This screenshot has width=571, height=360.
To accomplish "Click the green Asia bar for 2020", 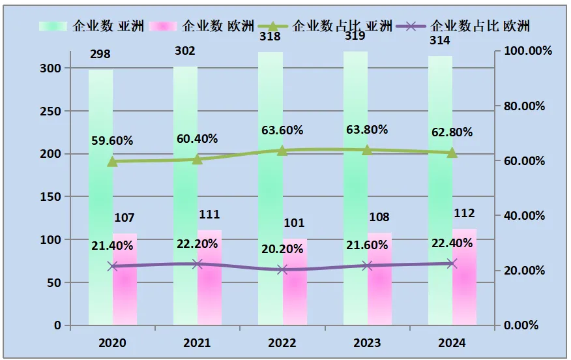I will pos(100,196).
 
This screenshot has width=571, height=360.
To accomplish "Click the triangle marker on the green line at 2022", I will pos(282,151).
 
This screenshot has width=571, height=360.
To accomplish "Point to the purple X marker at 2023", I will pos(367,265).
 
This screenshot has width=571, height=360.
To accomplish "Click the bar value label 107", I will pos(124,218).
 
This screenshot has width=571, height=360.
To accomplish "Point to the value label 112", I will pos(464,213).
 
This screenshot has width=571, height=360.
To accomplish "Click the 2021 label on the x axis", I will pos(198,342).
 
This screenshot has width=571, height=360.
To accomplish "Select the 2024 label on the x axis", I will pos(452,342).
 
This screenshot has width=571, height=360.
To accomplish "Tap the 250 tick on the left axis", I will pos(51,112).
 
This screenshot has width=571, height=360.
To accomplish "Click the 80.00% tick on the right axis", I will pos(525,106).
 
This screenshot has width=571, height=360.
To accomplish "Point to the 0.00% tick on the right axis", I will pos(523,325).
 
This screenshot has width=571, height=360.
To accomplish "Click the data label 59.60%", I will pos(112,140).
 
